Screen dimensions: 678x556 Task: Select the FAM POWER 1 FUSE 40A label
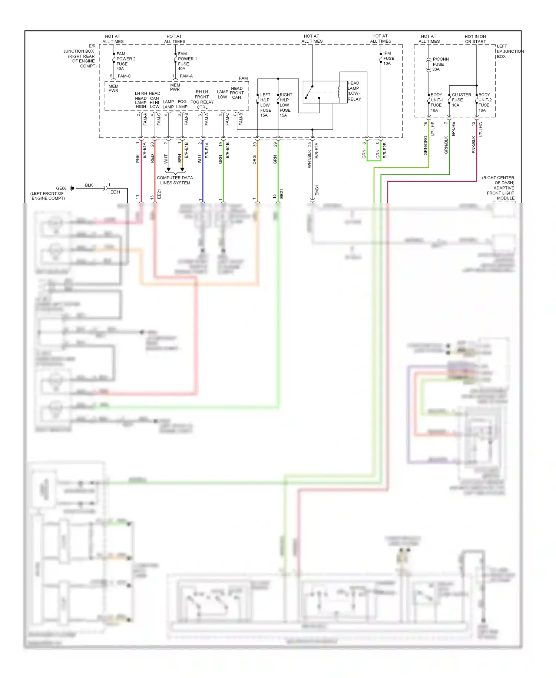point(187,61)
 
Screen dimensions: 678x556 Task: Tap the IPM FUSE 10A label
point(388,58)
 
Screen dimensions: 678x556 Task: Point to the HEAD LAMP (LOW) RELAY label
point(354,91)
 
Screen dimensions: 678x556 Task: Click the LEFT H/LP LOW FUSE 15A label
point(265,105)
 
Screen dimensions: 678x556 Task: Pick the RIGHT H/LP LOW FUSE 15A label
point(285,105)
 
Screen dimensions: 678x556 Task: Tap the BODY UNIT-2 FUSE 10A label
point(484,102)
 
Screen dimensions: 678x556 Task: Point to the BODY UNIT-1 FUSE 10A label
point(437,102)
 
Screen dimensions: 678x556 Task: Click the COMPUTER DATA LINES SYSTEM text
point(175,180)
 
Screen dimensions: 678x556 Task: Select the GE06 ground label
point(61,188)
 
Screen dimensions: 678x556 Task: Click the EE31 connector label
point(115,192)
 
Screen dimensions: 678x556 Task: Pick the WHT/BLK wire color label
point(310,159)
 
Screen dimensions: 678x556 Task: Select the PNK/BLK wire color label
point(473,145)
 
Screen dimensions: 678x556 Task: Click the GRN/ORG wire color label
point(426,145)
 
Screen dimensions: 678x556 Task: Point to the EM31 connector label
point(317,190)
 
